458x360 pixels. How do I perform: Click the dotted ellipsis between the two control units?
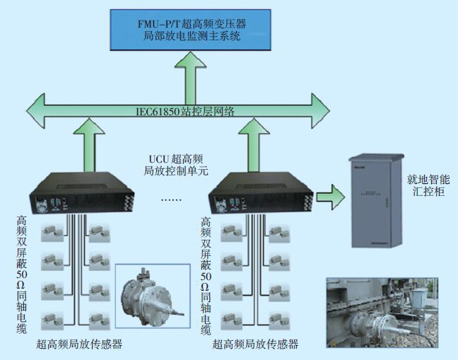click(x=171, y=200)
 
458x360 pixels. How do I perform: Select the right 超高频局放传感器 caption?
click(x=255, y=345)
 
